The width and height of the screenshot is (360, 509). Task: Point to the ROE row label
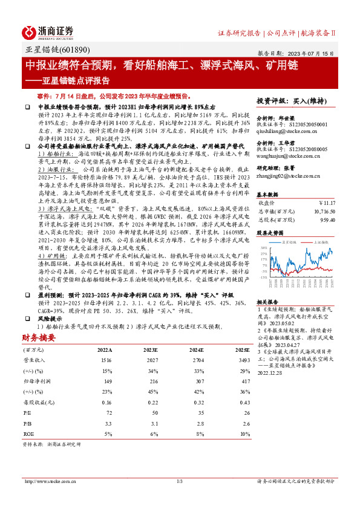click(28, 433)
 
